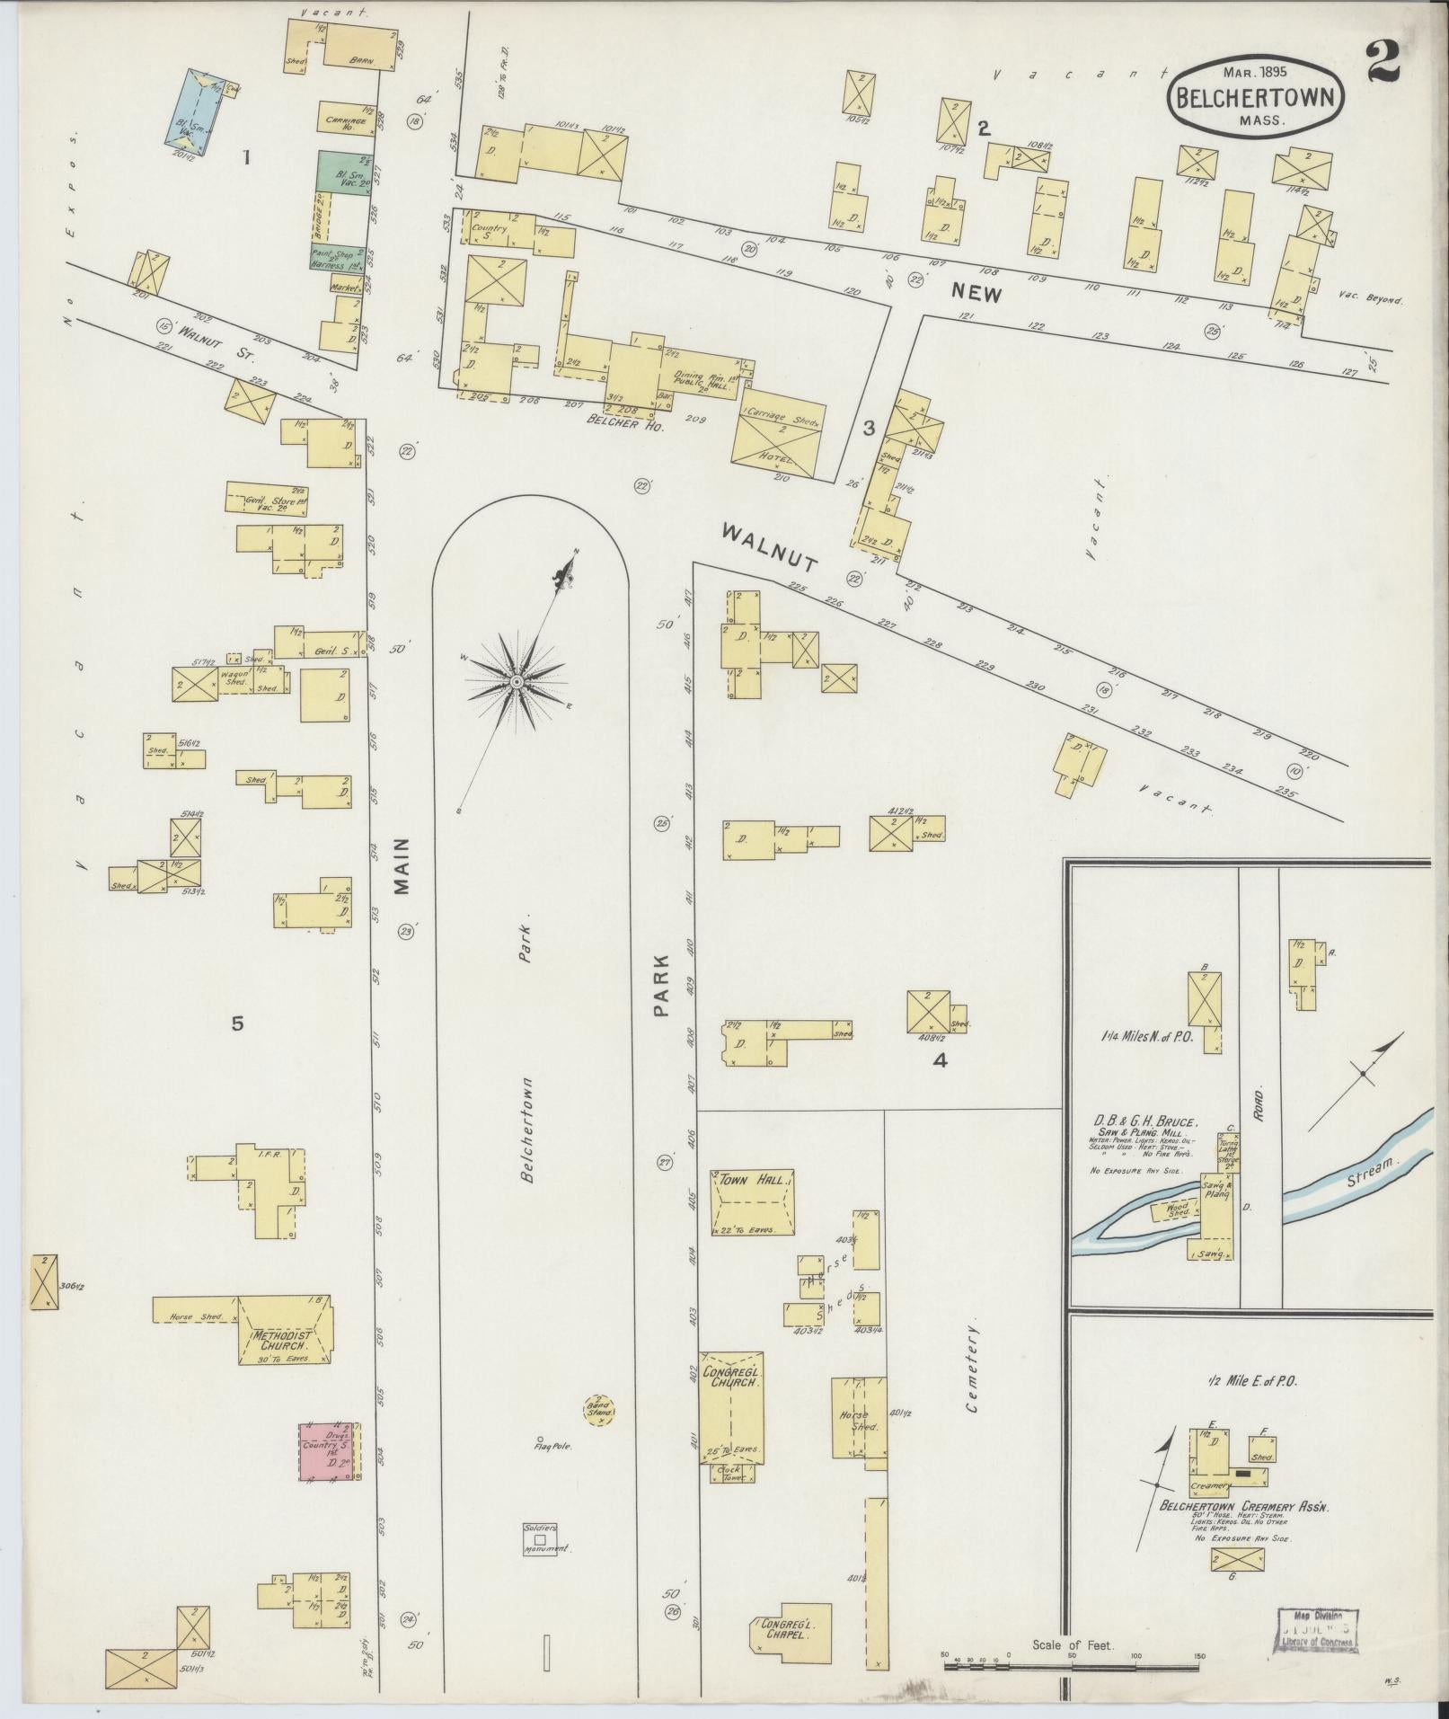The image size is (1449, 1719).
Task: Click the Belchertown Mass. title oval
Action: pyautogui.click(x=1256, y=99)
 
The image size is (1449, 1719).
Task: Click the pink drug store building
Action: pyautogui.click(x=330, y=1451)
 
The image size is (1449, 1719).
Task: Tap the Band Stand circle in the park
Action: pyautogui.click(x=598, y=1411)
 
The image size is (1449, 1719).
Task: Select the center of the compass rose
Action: pyautogui.click(x=517, y=683)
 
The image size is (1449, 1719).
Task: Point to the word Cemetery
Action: pyautogui.click(x=972, y=1379)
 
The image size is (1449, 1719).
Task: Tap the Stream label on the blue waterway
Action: pyautogui.click(x=1373, y=1171)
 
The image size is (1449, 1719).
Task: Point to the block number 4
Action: pyautogui.click(x=940, y=1060)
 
